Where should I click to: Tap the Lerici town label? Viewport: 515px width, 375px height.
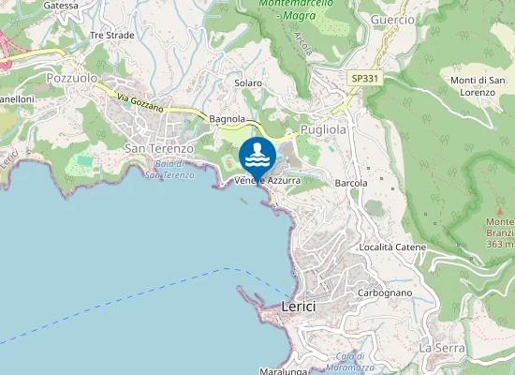point(299,307)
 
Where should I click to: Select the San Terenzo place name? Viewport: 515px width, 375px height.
point(159,148)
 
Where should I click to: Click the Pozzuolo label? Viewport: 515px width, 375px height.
point(72,79)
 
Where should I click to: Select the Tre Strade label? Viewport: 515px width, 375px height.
point(112,35)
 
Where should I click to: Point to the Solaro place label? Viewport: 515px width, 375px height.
point(248,82)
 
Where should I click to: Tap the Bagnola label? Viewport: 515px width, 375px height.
point(228,119)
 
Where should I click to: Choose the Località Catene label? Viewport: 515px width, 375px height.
point(392,247)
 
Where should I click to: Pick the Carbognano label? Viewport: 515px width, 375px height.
point(385,292)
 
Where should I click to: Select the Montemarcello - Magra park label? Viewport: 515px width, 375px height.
point(301,10)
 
